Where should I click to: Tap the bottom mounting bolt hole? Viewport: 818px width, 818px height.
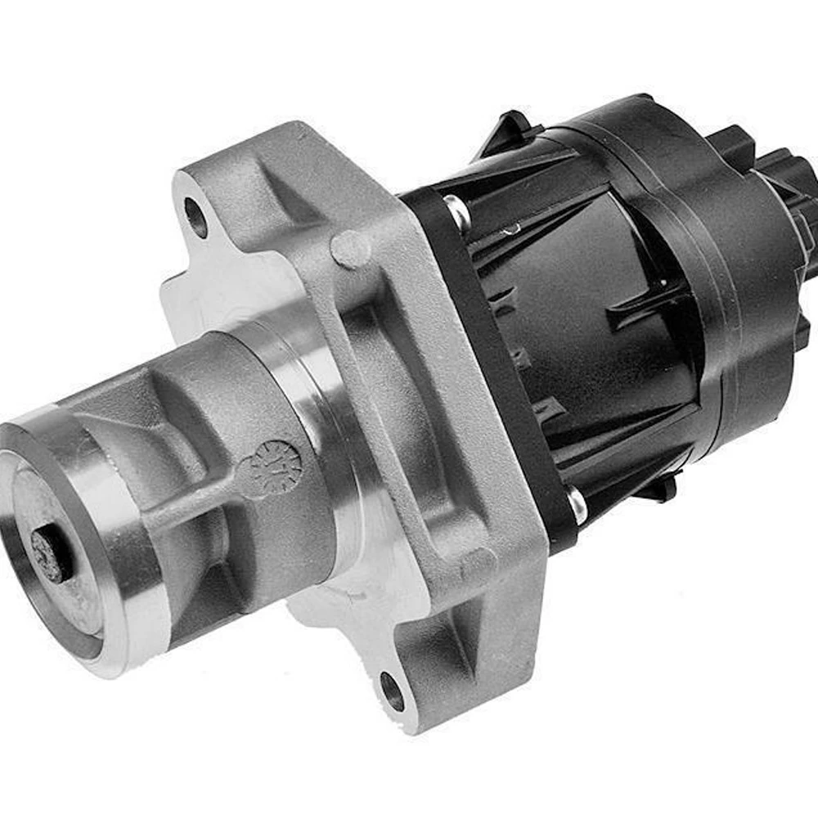392,692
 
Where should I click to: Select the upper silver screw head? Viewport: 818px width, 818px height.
456,212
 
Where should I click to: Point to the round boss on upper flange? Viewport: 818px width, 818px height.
350,249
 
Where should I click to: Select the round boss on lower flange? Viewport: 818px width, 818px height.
478,564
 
